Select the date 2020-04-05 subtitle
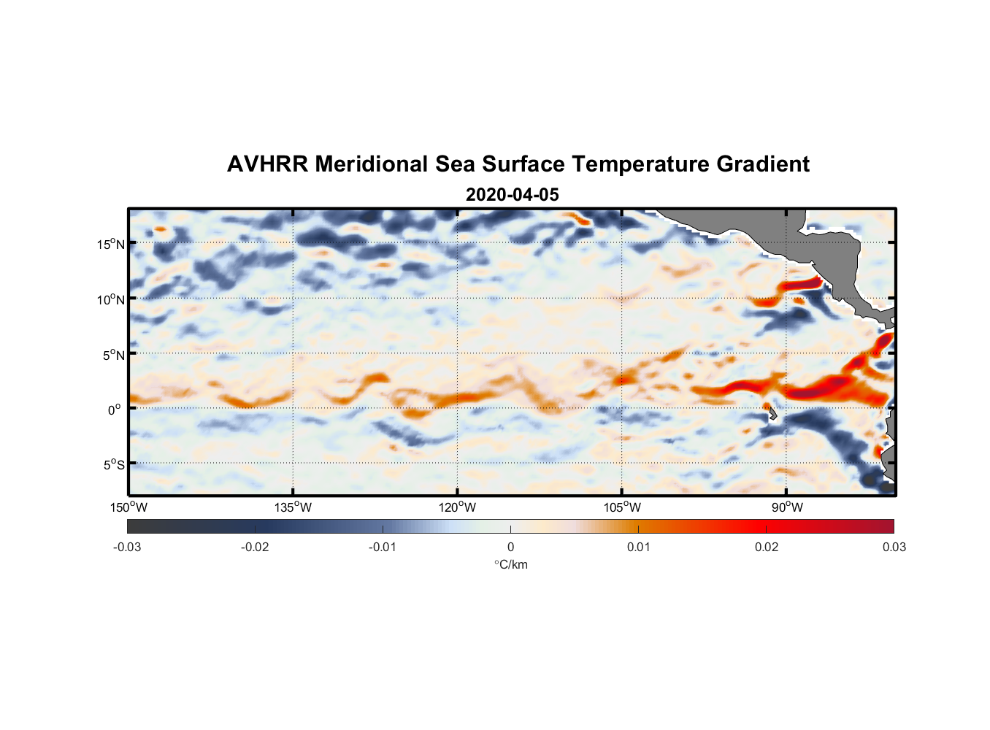tap(512, 195)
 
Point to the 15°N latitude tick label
tap(111, 244)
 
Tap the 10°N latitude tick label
tap(111, 299)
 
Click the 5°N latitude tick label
tap(113, 355)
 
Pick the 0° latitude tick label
tap(115, 410)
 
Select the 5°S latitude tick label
tap(113, 465)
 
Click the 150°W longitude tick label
tap(129, 507)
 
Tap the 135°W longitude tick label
tap(293, 507)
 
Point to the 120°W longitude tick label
tap(458, 507)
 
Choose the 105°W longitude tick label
tap(622, 507)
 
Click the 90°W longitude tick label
tap(787, 507)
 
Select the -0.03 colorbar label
tap(127, 547)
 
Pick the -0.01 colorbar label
tap(382, 547)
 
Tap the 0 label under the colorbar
tap(510, 547)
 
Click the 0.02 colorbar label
tap(766, 547)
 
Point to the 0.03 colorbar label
tap(894, 547)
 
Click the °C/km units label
tap(510, 564)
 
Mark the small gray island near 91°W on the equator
tap(772, 413)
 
